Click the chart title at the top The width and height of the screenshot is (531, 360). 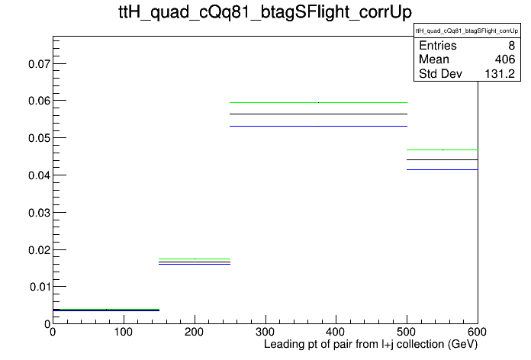click(x=265, y=12)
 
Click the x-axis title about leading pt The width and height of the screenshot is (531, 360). click(x=371, y=345)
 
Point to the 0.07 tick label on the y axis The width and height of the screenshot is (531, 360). click(x=39, y=63)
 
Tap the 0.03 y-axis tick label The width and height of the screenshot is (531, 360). click(x=39, y=213)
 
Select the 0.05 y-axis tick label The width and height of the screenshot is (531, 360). click(x=39, y=138)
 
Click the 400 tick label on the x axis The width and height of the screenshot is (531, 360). click(x=336, y=332)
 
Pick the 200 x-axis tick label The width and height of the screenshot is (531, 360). click(x=195, y=332)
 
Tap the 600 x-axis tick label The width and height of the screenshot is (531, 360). click(x=477, y=332)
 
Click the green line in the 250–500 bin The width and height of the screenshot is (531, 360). click(x=318, y=102)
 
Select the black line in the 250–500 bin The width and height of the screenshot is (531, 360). click(x=318, y=114)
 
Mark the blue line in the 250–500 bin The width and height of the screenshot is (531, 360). click(x=318, y=127)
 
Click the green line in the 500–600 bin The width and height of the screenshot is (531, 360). click(x=443, y=149)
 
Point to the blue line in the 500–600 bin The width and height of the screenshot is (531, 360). click(x=443, y=169)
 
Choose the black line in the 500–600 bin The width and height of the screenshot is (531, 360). click(x=443, y=159)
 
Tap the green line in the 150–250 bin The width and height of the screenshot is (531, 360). click(x=195, y=259)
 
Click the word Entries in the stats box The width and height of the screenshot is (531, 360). click(x=437, y=45)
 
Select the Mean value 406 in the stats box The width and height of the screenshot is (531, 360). click(x=504, y=59)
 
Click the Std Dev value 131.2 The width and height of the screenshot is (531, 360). click(x=500, y=73)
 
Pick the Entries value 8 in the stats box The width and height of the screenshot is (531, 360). click(x=511, y=45)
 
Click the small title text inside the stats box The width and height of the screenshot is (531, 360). click(x=467, y=31)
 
